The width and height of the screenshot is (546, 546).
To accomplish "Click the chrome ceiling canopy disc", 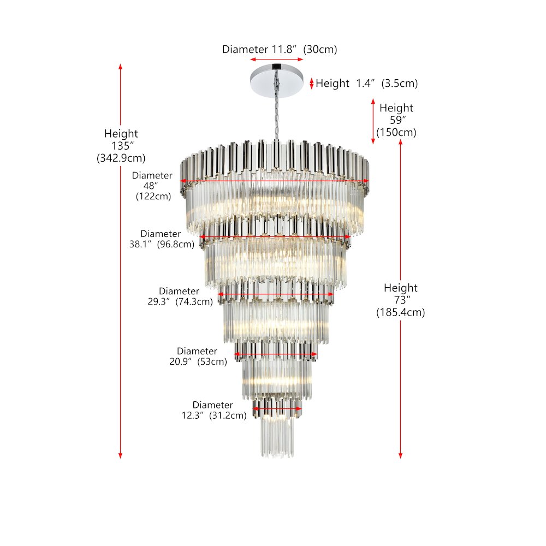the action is pyautogui.click(x=276, y=81).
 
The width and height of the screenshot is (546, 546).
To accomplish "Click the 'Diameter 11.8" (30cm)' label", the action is pyautogui.click(x=280, y=50).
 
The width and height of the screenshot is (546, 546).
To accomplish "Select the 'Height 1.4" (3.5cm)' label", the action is pyautogui.click(x=367, y=84).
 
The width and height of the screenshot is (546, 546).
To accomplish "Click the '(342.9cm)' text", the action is pyautogui.click(x=121, y=158).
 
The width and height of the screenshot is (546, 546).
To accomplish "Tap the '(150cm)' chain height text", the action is pyautogui.click(x=396, y=133).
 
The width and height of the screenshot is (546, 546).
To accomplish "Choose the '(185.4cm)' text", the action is pyautogui.click(x=400, y=312).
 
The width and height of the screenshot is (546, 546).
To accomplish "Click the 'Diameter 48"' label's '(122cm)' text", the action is pyautogui.click(x=153, y=197).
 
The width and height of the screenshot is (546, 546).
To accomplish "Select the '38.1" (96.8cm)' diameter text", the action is pyautogui.click(x=162, y=244).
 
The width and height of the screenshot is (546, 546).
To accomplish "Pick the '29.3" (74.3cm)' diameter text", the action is pyautogui.click(x=180, y=301).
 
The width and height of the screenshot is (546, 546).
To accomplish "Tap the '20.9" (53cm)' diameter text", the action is pyautogui.click(x=198, y=361).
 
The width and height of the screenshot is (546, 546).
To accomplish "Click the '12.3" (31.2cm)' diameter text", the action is pyautogui.click(x=214, y=416).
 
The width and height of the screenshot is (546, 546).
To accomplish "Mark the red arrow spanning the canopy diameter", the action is pyautogui.click(x=276, y=60).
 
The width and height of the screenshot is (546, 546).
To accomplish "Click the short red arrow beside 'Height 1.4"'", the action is pyautogui.click(x=312, y=83).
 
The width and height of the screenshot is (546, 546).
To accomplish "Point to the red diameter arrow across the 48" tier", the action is pyautogui.click(x=275, y=181).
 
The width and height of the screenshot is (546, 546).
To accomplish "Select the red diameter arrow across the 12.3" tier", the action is pyautogui.click(x=277, y=409).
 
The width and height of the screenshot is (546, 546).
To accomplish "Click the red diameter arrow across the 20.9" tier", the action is pyautogui.click(x=276, y=354).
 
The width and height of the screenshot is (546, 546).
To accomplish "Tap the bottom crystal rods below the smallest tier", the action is pyautogui.click(x=277, y=437).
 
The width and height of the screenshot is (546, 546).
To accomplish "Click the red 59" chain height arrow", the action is pyautogui.click(x=373, y=121).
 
